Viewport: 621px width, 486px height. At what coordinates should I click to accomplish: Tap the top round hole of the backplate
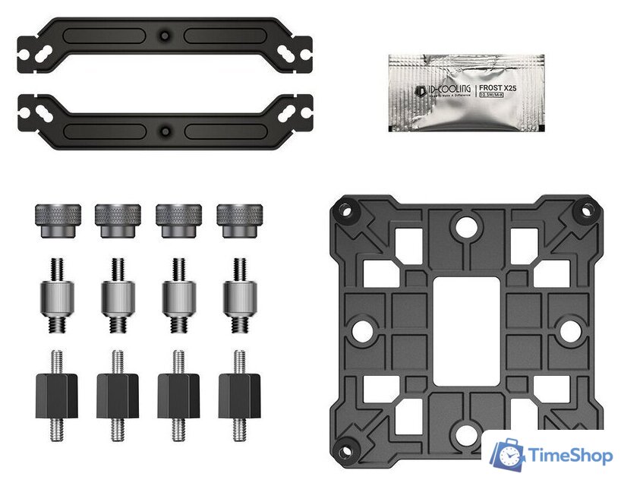[466, 226]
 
